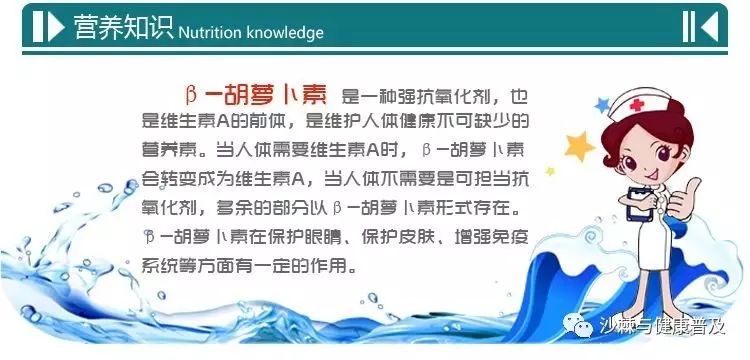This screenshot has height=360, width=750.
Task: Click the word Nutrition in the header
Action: click(x=210, y=32)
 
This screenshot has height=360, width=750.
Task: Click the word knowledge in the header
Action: click(x=285, y=32)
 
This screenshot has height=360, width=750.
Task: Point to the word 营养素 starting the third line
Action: click(x=166, y=153)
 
